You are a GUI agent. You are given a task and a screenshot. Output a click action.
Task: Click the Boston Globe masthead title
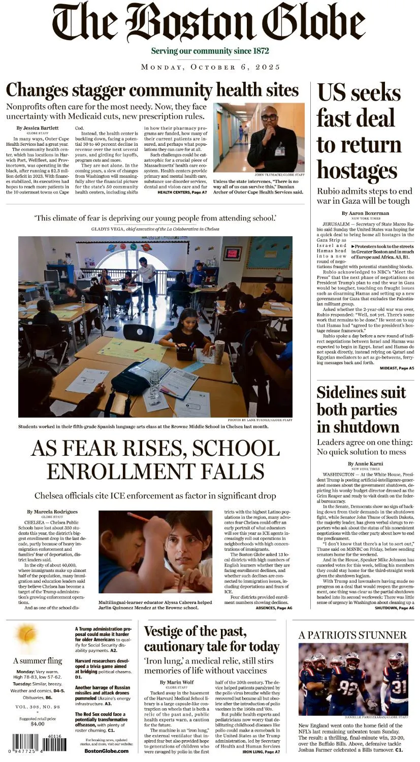click(x=209, y=23)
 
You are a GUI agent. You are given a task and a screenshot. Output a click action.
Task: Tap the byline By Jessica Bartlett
click(x=38, y=128)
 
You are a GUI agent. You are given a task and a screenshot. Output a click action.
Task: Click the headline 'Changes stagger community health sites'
click(x=152, y=90)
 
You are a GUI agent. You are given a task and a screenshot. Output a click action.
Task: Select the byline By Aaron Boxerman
click(x=365, y=213)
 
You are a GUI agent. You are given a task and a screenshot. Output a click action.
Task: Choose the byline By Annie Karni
click(x=365, y=464)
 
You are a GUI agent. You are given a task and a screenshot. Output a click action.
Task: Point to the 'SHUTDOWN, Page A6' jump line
click(x=394, y=608)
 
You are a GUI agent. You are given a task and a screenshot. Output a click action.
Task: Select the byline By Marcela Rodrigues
click(x=53, y=512)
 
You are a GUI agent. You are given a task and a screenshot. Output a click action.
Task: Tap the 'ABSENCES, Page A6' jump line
click(x=274, y=608)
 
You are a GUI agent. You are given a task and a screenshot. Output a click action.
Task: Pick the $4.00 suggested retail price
click(x=38, y=724)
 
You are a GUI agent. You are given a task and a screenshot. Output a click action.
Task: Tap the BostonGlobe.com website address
click(x=106, y=751)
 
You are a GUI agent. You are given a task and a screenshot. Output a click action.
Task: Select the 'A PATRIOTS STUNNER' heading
click(x=352, y=635)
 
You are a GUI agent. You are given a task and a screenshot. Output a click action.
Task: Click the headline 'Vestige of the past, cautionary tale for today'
click(x=211, y=639)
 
